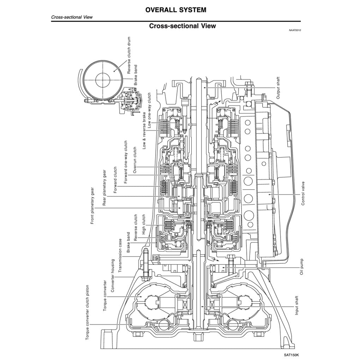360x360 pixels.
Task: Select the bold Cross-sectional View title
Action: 182,26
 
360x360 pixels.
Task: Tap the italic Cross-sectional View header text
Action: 72,17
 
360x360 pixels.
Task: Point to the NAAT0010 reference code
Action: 295,31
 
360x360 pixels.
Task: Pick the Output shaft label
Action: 278,87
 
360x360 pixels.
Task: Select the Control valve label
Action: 303,193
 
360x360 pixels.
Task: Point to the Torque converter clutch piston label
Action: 88,313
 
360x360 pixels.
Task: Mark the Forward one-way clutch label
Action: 126,162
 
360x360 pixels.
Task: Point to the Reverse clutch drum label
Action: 129,55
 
